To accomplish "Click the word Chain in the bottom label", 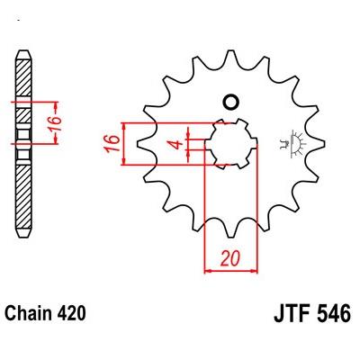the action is point(29,313).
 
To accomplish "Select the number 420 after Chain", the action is point(71,313).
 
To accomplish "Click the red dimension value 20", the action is point(230,258).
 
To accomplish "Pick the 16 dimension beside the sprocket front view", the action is point(112,144).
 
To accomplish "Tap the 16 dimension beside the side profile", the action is point(54,123).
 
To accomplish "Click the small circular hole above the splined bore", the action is point(231,103).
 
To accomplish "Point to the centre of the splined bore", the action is point(231,144).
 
